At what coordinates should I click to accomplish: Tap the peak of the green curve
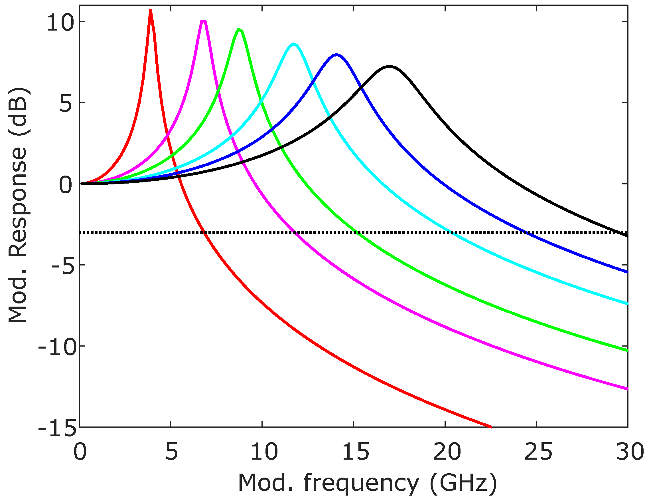(239, 29)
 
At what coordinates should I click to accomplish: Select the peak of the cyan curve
(294, 44)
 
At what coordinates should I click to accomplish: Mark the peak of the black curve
(389, 66)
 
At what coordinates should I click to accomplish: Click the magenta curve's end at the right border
(627, 389)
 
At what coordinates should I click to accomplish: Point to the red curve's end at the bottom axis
(491, 426)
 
